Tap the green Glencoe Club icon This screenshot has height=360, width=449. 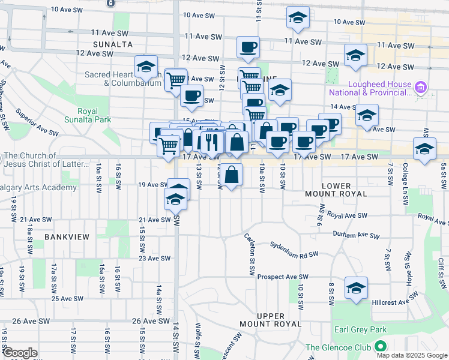coord(380,347)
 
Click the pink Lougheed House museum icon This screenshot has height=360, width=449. coord(421,89)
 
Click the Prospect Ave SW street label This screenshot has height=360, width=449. coord(282,277)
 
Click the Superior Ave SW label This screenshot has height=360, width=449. coord(37,122)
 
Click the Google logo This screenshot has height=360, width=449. coord(20,353)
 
